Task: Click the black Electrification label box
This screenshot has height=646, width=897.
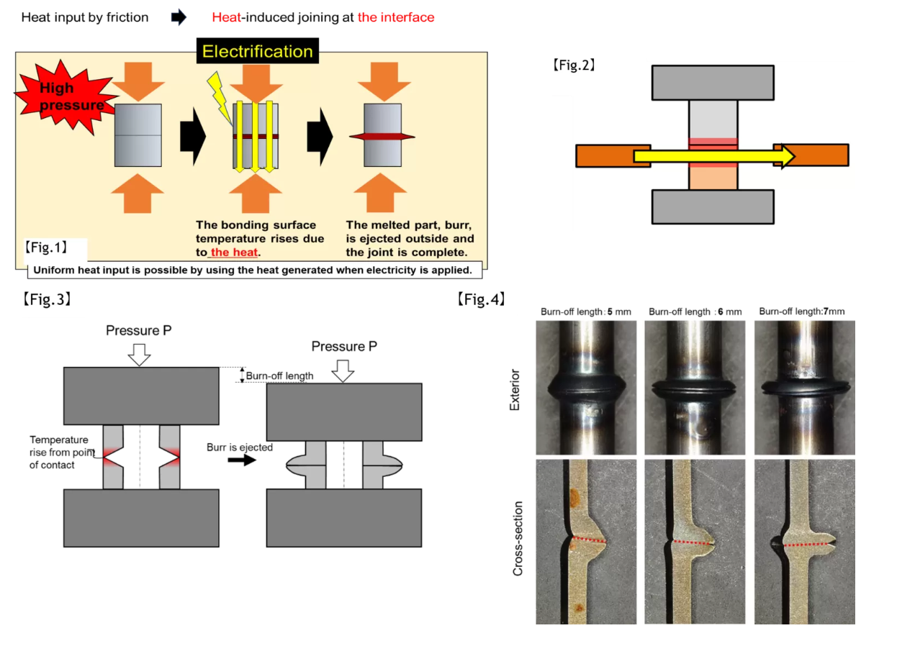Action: pyautogui.click(x=257, y=51)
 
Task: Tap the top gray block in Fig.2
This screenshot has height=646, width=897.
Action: pyautogui.click(x=713, y=82)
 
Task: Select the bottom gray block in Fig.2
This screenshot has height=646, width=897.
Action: pyautogui.click(x=713, y=207)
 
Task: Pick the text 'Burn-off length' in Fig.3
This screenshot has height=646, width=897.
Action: pyautogui.click(x=279, y=376)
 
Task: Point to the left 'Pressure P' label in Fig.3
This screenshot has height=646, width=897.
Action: pyautogui.click(x=139, y=331)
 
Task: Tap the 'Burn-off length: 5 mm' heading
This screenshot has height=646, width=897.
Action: pyautogui.click(x=586, y=311)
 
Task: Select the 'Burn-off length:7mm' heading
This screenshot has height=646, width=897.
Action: pyautogui.click(x=802, y=311)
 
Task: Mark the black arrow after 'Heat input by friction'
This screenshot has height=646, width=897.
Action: pyautogui.click(x=179, y=18)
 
